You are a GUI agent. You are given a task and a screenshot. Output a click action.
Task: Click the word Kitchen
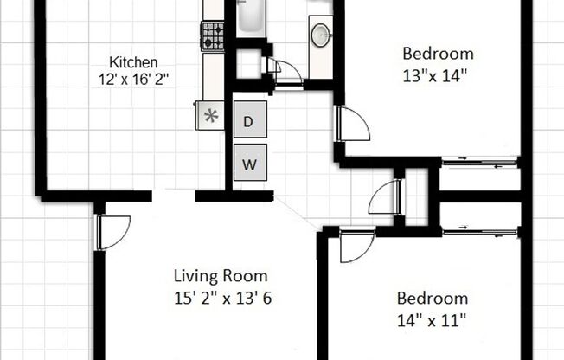click(x=133, y=62)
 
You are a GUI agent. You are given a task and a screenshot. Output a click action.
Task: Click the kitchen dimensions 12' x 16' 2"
click(x=133, y=79)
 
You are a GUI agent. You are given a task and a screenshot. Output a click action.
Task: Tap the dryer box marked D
click(x=248, y=122)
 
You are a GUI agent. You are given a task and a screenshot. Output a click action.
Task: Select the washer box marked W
click(x=248, y=162)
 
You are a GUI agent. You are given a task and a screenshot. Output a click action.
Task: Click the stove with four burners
click(x=213, y=35)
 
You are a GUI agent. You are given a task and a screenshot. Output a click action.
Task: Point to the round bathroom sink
click(x=320, y=35)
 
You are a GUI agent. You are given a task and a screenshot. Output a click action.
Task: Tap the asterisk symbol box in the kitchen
click(x=208, y=116)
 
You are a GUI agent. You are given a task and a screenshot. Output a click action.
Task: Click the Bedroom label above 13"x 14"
click(x=438, y=54)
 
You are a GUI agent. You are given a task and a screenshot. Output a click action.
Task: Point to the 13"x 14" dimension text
click(x=438, y=74)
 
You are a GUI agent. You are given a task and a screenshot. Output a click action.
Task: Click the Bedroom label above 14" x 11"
click(x=432, y=299)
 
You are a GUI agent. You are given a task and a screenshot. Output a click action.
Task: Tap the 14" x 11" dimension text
click(x=432, y=318)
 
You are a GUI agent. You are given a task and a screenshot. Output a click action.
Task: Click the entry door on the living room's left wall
click(x=112, y=231)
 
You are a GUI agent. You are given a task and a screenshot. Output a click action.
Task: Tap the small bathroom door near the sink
click(x=285, y=71)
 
